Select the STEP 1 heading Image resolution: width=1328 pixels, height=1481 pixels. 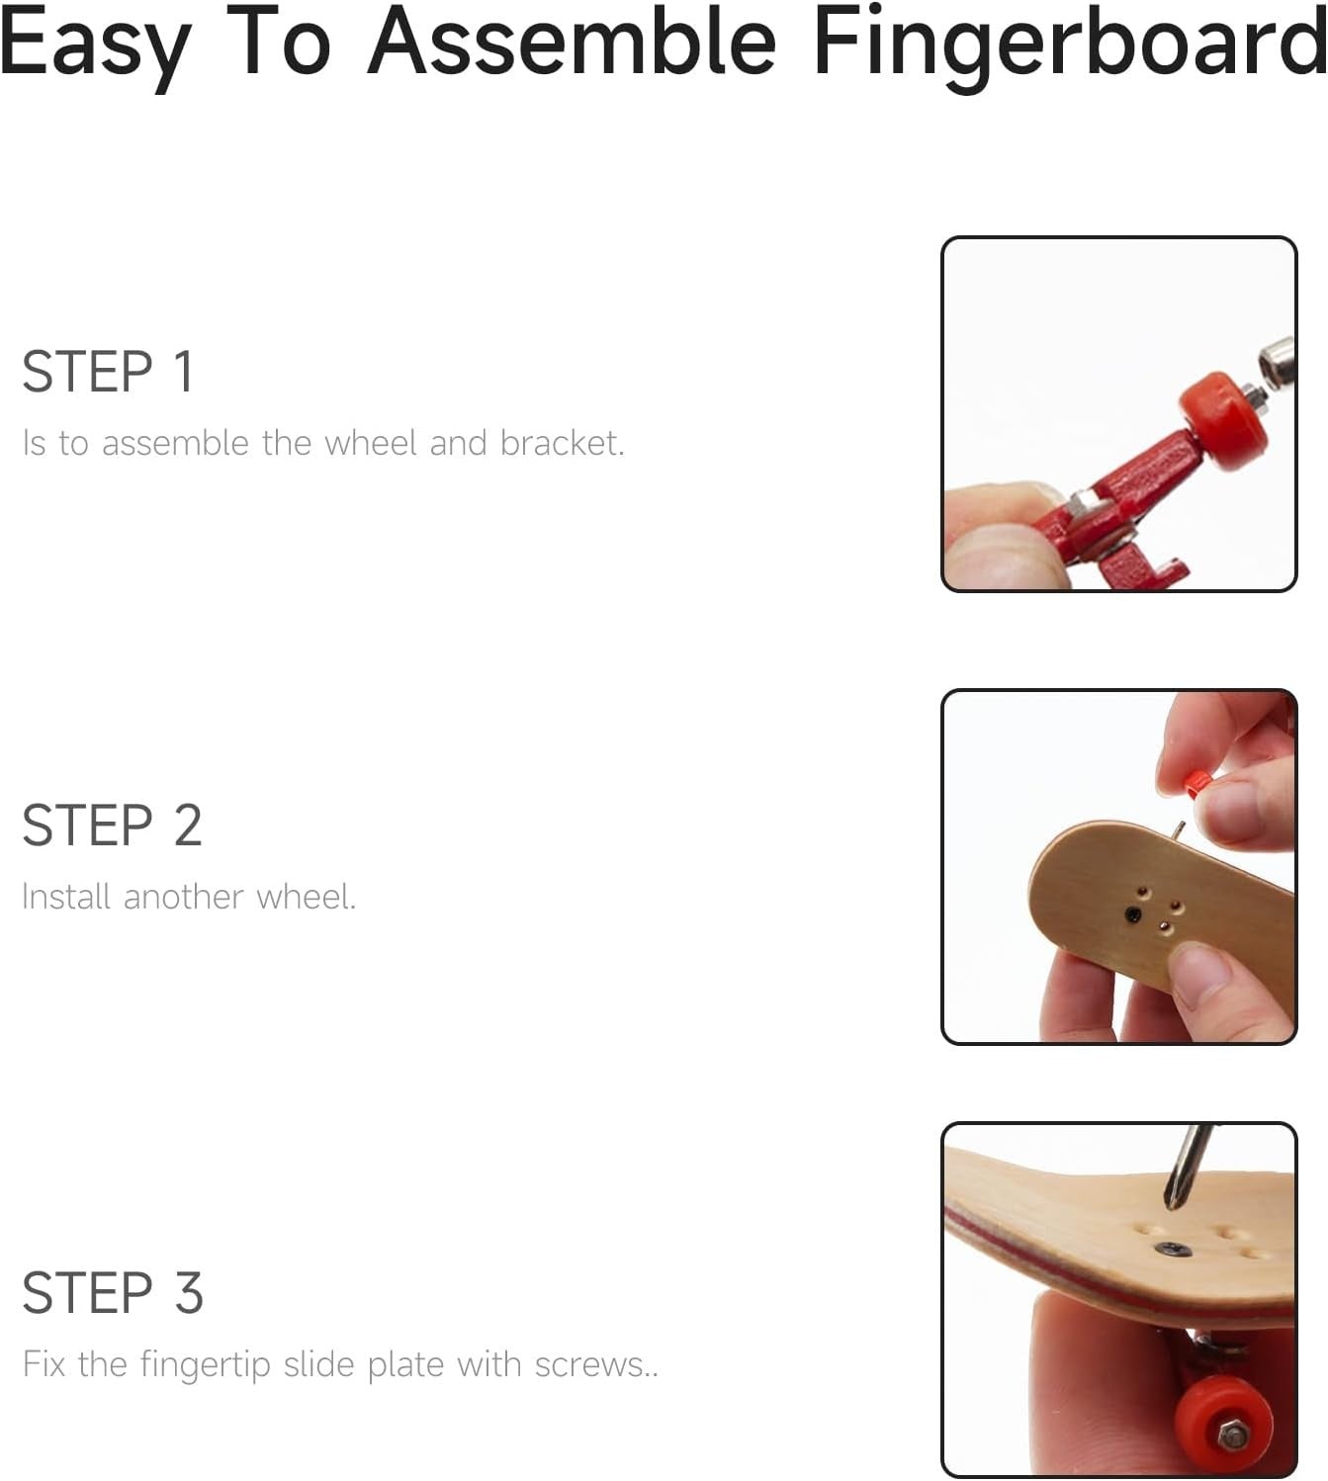point(108,372)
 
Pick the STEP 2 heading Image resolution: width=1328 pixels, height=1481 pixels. point(112,826)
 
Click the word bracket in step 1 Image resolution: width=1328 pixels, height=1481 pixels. point(562,442)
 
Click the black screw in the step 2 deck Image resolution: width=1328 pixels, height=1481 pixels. point(1133,914)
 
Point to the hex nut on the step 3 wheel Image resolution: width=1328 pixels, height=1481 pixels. point(1233,1435)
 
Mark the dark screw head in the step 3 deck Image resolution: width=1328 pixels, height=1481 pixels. point(1172,1249)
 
